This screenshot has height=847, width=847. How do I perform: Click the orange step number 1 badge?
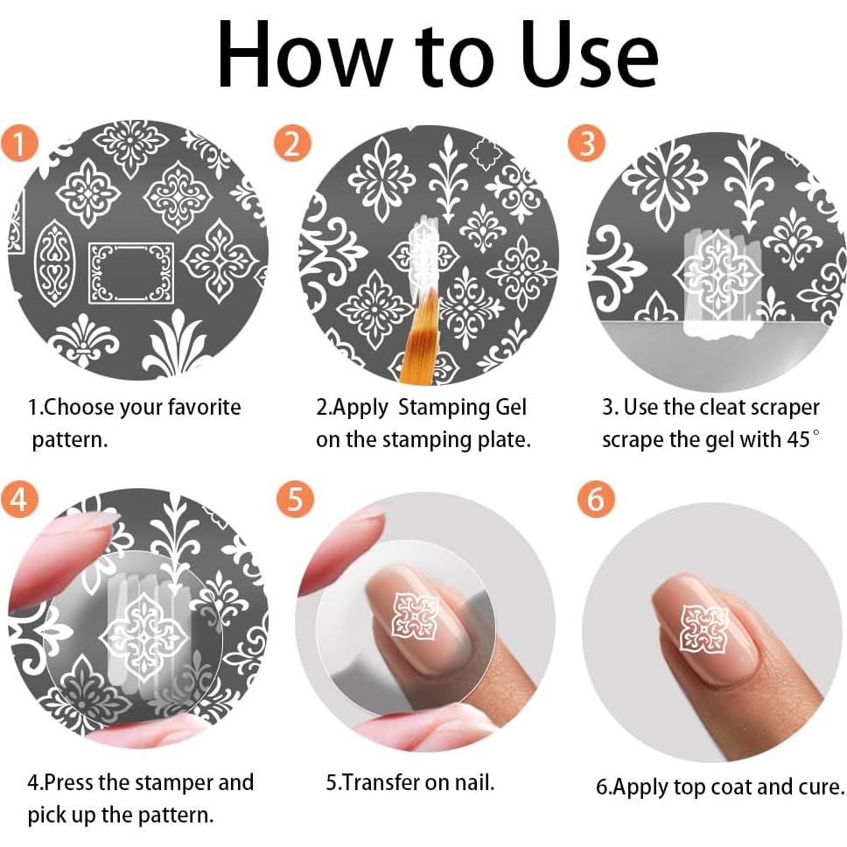click(x=19, y=143)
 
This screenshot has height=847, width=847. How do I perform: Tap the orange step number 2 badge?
click(x=292, y=143)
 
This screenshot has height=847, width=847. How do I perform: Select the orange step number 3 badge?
click(x=586, y=143)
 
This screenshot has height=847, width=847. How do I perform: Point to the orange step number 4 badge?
click(x=19, y=499)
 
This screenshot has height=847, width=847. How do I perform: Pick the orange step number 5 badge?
click(x=294, y=499)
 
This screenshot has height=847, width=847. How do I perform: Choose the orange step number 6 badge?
click(x=595, y=499)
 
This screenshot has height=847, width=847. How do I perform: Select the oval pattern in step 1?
click(x=54, y=263)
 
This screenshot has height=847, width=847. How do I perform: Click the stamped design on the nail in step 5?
click(x=415, y=616)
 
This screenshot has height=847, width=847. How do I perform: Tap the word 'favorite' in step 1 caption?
click(x=204, y=407)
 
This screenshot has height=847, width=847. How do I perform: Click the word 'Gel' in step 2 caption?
click(x=510, y=407)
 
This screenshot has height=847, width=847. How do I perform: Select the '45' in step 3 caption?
click(x=798, y=440)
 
